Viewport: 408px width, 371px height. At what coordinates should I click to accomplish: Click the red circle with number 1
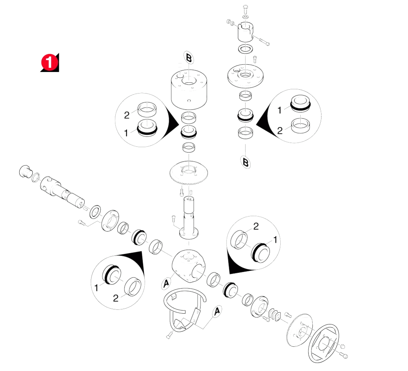pos(49,62)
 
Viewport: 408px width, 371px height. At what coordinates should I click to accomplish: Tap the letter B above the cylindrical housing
pos(189,58)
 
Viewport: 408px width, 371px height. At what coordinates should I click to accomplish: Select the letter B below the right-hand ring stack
pos(245,162)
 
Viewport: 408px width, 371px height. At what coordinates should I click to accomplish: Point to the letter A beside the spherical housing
pos(167,283)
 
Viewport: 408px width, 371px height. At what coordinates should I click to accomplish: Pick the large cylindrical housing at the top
pos(189,90)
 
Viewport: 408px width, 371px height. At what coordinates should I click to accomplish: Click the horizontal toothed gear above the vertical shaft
pos(188,173)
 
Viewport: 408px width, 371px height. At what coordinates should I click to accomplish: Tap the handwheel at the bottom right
pos(323,343)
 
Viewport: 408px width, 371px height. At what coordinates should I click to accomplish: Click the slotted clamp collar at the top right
pos(245,32)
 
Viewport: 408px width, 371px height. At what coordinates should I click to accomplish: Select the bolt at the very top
pos(245,9)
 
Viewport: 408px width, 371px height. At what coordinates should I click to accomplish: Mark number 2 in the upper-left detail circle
pos(127,115)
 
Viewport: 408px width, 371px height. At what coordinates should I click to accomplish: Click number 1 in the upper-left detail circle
pos(126,133)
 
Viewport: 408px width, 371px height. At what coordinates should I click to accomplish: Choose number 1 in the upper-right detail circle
pos(280,110)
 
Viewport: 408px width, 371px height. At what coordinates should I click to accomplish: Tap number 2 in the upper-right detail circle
pos(280,130)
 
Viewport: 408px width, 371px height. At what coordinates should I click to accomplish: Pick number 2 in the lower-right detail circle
pos(256,226)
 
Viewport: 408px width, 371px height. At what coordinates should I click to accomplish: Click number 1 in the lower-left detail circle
pos(96,288)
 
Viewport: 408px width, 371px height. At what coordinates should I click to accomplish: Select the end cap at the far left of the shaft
pos(25,171)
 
